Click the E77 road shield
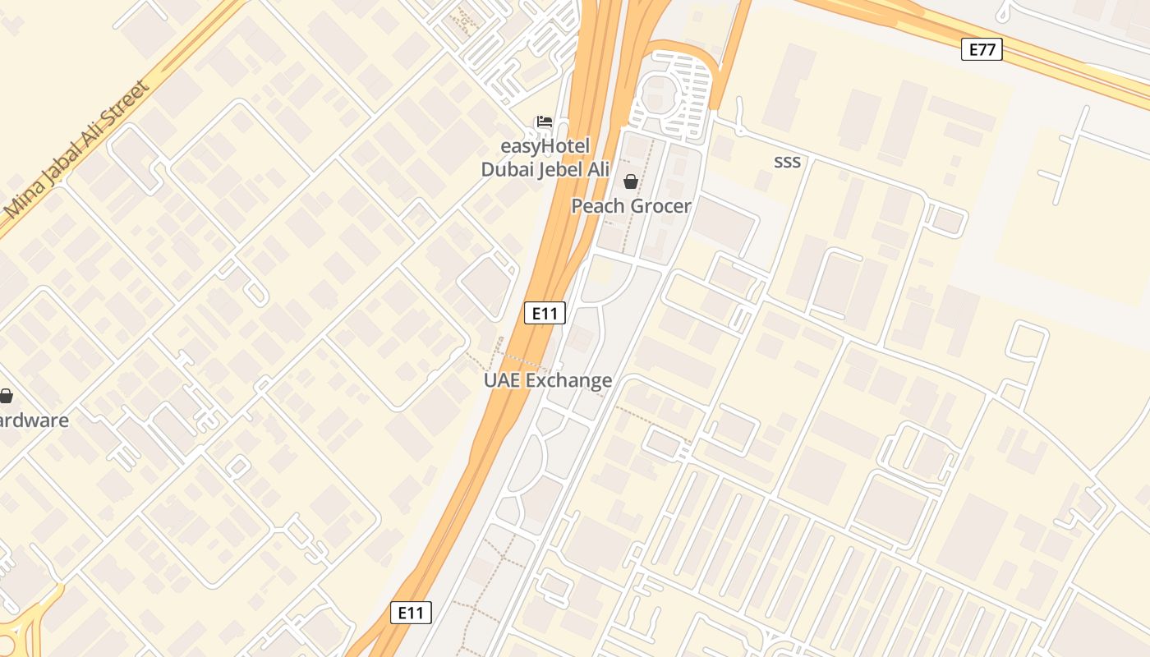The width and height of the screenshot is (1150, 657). coord(982,49)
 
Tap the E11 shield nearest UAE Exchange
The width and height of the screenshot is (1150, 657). coord(545,313)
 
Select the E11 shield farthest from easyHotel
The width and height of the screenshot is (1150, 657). coord(410,612)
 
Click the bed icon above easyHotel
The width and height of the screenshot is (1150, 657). coord(544,122)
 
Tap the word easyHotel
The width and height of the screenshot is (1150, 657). coord(545,147)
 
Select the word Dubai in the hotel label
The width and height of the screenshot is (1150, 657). coord(507,170)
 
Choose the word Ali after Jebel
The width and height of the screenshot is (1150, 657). coord(598,170)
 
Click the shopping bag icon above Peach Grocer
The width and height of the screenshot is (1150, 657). coord(630,181)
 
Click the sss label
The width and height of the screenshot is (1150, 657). coord(787,162)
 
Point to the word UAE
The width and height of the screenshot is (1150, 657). coord(501,380)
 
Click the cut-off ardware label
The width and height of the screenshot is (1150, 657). coord(34,420)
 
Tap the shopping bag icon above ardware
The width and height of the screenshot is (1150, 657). coord(6,397)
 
